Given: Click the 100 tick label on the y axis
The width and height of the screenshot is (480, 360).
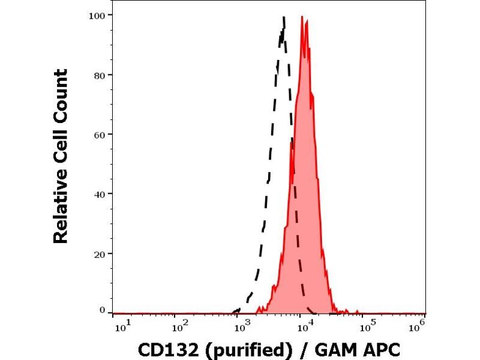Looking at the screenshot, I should tap(98, 14).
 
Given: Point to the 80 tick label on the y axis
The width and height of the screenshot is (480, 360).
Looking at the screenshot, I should tap(100, 74).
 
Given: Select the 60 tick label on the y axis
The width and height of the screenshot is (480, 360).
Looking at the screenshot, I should tap(100, 134).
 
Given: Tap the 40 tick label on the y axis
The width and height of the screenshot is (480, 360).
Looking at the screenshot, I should tap(100, 194).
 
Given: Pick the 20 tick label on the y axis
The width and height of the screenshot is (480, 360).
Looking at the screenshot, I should tap(100, 253).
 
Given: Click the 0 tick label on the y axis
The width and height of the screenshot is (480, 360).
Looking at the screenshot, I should tap(103, 310).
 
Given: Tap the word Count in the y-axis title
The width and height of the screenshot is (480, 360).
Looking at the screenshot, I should tap(61, 96).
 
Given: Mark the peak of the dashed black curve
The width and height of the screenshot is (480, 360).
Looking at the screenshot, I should tap(283, 17).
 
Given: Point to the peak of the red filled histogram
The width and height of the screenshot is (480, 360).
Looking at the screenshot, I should tap(306, 21).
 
